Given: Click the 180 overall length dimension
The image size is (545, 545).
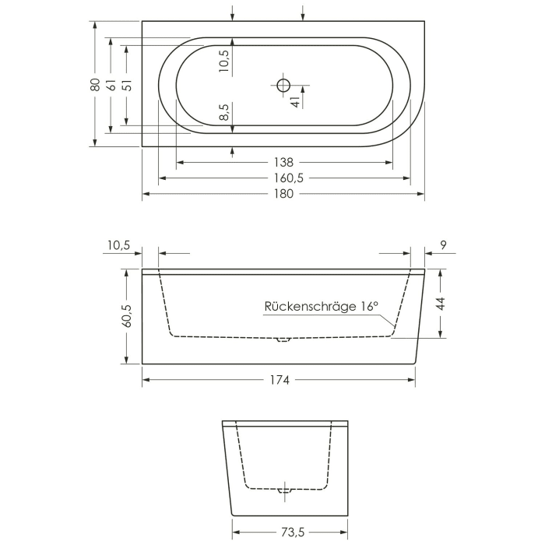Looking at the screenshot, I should tap(283, 194).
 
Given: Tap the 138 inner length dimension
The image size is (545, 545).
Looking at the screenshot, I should tap(283, 163).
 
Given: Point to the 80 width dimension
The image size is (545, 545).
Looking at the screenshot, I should tap(94, 84).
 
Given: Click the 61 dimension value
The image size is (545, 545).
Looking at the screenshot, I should tap(111, 84).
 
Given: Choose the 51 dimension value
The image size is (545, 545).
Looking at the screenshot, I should tap(127, 84).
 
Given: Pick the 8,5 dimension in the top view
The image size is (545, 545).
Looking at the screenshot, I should tap(223, 112).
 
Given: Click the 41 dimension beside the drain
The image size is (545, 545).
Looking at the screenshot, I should tap(295, 100).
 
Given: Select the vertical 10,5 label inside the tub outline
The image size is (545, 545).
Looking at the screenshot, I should tap(223, 61).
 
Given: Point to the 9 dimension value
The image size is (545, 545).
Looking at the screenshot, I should tap(443, 246).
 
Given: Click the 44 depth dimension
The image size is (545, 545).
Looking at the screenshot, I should tap(440, 304).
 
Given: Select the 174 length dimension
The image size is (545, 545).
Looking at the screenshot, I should tap(280, 380).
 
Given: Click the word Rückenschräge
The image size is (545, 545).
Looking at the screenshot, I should tap(311, 307).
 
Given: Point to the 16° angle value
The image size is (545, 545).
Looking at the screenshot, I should tap(368, 307).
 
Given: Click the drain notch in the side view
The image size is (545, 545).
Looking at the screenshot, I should tap(283, 339).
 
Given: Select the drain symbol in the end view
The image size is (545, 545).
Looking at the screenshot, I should tap(285, 490).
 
